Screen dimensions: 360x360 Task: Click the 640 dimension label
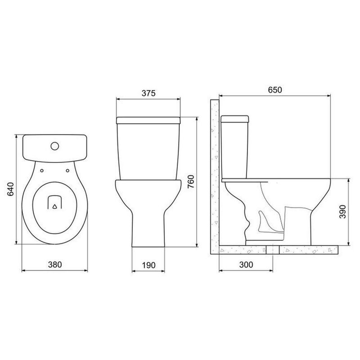click(10, 189)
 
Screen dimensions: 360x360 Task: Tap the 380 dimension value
click(55, 265)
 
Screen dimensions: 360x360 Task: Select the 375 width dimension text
click(148, 93)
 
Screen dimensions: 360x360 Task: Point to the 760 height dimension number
click(191, 181)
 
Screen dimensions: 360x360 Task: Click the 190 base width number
click(148, 265)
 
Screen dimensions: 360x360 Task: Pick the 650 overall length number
click(275, 90)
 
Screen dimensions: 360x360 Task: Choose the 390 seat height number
click(342, 211)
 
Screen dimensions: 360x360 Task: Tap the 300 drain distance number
click(246, 265)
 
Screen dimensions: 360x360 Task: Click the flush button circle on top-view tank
click(54, 146)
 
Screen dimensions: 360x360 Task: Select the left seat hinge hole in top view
click(42, 171)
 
